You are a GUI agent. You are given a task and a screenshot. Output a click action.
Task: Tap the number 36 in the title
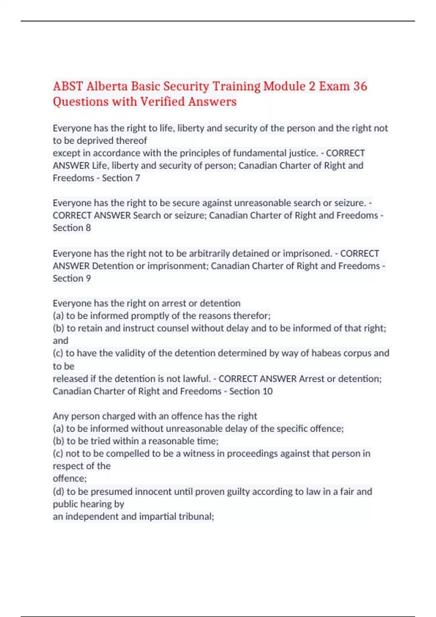click(360, 86)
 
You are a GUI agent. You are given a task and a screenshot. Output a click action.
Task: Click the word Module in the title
click(284, 86)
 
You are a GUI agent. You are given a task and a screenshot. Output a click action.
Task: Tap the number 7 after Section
click(137, 178)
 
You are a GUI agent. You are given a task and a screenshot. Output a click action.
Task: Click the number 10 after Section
click(267, 391)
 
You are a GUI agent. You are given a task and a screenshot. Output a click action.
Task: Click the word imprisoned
click(307, 253)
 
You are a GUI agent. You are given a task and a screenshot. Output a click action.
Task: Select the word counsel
click(171, 328)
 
